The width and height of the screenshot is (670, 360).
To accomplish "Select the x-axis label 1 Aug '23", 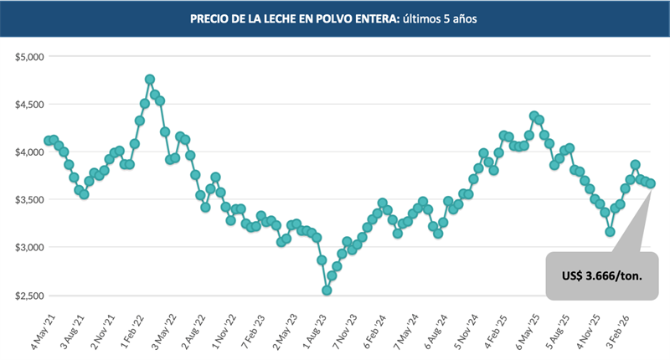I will pos(317,328).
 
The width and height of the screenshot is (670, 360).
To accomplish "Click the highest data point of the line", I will pos(150,80).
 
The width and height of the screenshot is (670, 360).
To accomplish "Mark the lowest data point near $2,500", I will pos(327,291).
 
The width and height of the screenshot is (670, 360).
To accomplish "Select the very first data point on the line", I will pos(49,141).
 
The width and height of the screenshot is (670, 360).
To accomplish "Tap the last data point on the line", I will pos(651,183).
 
